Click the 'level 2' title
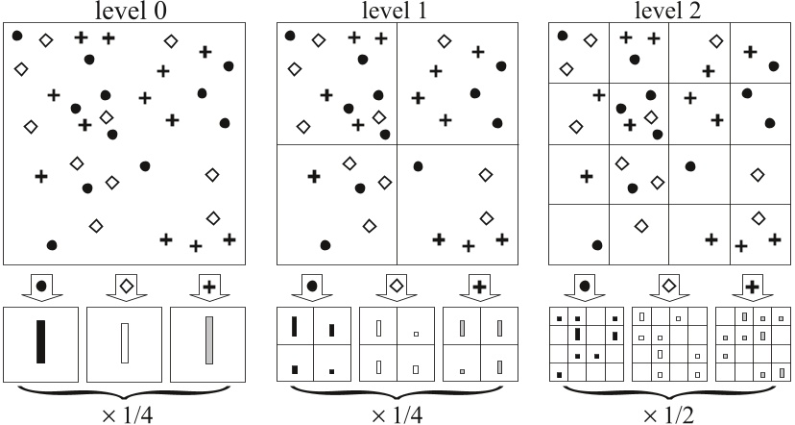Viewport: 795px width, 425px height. pos(668,11)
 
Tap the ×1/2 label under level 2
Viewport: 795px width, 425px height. pos(668,411)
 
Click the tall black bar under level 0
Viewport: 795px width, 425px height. pos(40,341)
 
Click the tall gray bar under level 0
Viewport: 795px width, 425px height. pos(208,340)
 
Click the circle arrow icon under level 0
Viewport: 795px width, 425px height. pos(40,287)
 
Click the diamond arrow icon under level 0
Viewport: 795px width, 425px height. pos(124,287)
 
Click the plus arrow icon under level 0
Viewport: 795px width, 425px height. pos(207,287)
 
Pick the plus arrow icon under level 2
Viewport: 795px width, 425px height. pos(752,287)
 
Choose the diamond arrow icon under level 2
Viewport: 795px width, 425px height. pos(669,287)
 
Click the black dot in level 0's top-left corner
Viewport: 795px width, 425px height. pos(17,36)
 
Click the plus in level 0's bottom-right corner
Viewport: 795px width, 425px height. pos(229,238)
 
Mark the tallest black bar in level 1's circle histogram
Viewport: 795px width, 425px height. pos(294,326)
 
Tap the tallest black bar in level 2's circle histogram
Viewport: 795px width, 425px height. pos(577,334)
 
